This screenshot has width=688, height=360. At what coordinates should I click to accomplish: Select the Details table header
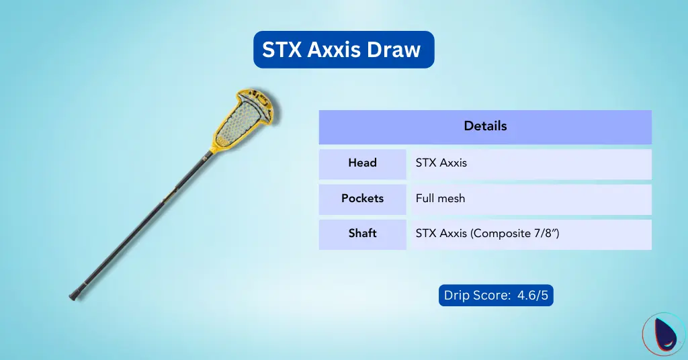tap(485, 126)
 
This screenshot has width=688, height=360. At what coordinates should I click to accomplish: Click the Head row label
tap(362, 163)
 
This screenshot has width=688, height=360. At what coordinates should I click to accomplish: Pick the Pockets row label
tap(362, 199)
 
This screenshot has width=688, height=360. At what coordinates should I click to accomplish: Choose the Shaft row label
tap(362, 234)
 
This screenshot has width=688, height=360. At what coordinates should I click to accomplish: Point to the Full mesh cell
tap(440, 199)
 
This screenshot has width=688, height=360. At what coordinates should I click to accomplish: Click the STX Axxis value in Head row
tap(441, 163)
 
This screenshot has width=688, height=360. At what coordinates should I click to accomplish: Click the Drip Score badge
tap(495, 295)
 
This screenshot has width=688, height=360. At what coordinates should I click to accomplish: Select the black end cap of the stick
tap(75, 296)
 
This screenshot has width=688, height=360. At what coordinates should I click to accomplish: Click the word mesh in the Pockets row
tap(452, 199)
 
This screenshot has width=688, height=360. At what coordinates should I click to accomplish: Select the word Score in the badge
tap(492, 295)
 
